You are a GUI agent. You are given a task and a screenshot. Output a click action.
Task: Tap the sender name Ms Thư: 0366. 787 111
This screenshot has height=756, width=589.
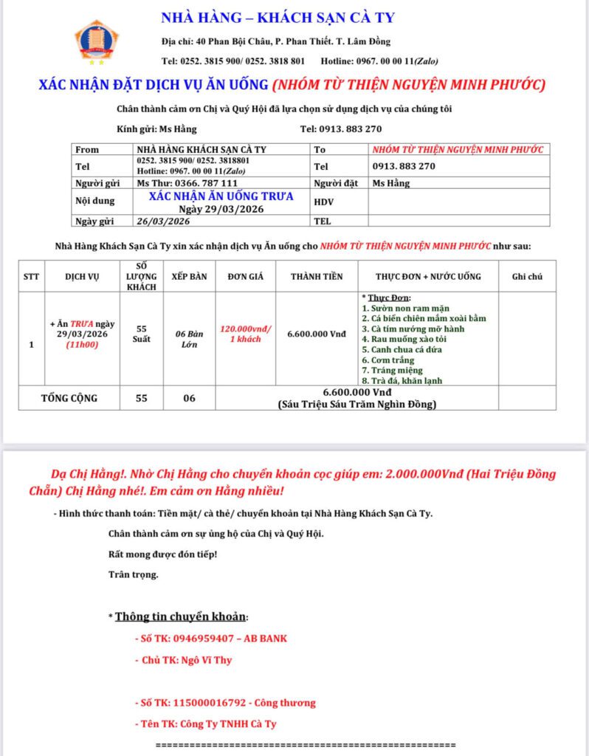click(x=187, y=183)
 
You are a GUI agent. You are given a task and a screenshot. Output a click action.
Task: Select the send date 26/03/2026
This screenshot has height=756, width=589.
click(x=164, y=221)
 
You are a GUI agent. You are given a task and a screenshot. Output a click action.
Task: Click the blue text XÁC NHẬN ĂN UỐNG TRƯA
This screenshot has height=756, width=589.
click(x=221, y=196)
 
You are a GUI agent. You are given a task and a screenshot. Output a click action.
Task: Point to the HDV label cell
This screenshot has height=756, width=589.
click(x=324, y=202)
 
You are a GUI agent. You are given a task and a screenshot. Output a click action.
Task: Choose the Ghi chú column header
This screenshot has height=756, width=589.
click(x=527, y=276)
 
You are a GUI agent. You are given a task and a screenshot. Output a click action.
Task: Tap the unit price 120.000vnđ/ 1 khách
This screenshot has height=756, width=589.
click(x=247, y=333)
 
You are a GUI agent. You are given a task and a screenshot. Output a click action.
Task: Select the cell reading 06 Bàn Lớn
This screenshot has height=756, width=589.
click(x=189, y=339)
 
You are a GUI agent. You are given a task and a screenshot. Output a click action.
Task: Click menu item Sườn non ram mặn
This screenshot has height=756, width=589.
click(x=405, y=307)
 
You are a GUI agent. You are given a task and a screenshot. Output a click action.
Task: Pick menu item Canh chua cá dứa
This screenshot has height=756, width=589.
click(x=402, y=349)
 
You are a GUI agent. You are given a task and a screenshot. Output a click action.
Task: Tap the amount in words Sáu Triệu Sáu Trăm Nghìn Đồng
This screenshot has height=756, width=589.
click(x=356, y=404)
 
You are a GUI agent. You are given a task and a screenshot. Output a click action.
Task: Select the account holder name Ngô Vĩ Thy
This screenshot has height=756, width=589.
click(x=206, y=660)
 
